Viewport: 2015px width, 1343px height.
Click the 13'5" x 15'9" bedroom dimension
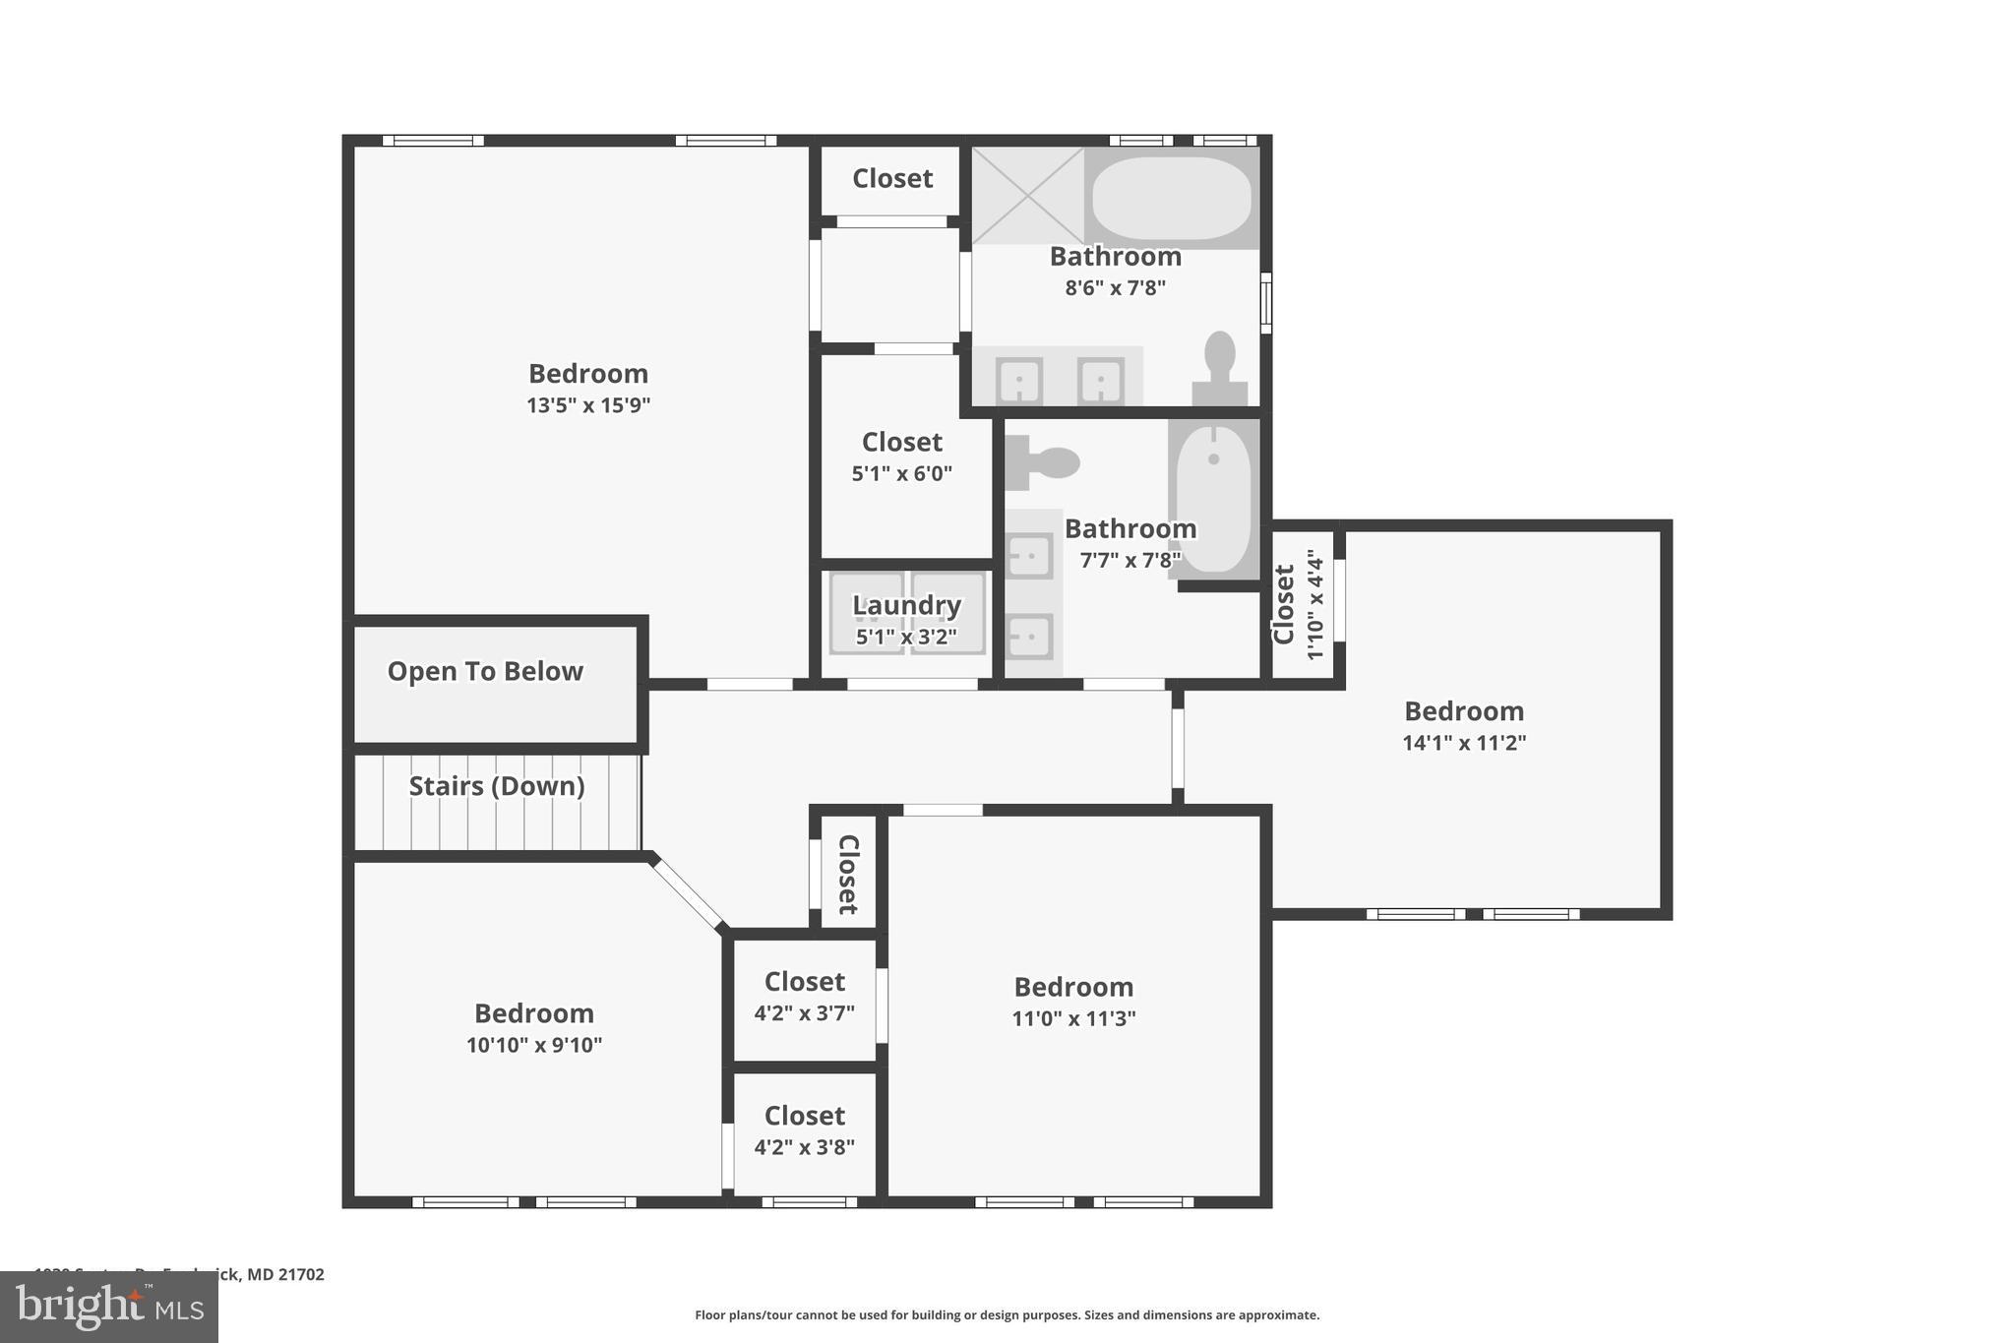pyautogui.click(x=588, y=405)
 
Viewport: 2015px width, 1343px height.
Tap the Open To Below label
pyautogui.click(x=485, y=672)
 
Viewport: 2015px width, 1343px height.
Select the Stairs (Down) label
pyautogui.click(x=497, y=786)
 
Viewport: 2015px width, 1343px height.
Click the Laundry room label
pyautogui.click(x=906, y=606)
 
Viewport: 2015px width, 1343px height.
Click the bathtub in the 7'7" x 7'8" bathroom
pyautogui.click(x=1214, y=497)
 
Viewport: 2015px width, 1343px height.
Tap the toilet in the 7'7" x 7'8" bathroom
pyautogui.click(x=1043, y=462)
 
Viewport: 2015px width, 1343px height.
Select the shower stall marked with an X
pyautogui.click(x=1027, y=195)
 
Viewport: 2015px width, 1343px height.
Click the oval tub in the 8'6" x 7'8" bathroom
pyautogui.click(x=1171, y=197)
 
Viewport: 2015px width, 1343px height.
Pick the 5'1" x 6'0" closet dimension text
pyautogui.click(x=901, y=473)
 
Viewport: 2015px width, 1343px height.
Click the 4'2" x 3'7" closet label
pyautogui.click(x=804, y=982)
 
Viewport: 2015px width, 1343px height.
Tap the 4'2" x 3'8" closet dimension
pyautogui.click(x=804, y=1147)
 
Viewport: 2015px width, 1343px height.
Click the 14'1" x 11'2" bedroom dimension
pyautogui.click(x=1463, y=743)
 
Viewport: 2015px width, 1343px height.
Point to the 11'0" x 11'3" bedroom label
pyautogui.click(x=1073, y=987)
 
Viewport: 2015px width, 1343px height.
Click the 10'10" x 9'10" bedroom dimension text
pyautogui.click(x=533, y=1045)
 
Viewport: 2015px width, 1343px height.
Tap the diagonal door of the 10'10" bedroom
pyautogui.click(x=688, y=893)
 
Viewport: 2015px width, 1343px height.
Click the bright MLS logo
pyautogui.click(x=109, y=1308)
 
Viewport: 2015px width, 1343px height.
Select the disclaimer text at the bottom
pyautogui.click(x=1007, y=1315)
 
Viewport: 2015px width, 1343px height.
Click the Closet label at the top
pyautogui.click(x=891, y=178)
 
